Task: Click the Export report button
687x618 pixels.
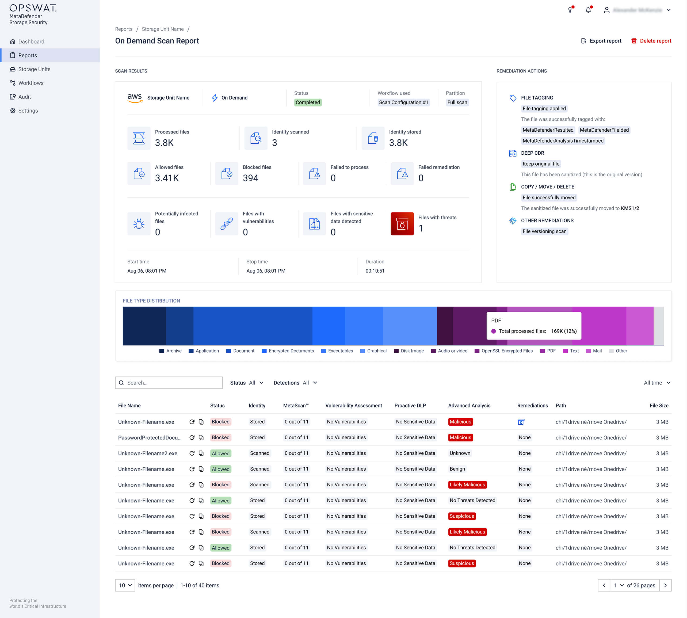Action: pyautogui.click(x=601, y=41)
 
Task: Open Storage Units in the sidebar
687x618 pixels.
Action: pyautogui.click(x=34, y=69)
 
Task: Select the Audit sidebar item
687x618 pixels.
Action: pyautogui.click(x=24, y=97)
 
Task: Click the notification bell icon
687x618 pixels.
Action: pyautogui.click(x=588, y=10)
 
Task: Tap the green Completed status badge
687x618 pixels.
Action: pyautogui.click(x=307, y=102)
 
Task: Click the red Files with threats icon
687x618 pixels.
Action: pyautogui.click(x=402, y=224)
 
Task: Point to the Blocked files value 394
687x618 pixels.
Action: pyautogui.click(x=250, y=178)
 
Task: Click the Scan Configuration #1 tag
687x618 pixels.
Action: pyautogui.click(x=403, y=102)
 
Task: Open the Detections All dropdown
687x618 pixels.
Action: pyautogui.click(x=295, y=383)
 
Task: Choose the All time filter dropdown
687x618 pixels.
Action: pyautogui.click(x=657, y=383)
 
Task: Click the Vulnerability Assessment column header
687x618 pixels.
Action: pyautogui.click(x=353, y=405)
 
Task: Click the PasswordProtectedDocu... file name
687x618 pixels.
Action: pyautogui.click(x=150, y=438)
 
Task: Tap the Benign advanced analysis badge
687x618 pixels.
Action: pyautogui.click(x=457, y=469)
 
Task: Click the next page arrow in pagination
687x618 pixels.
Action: pyautogui.click(x=665, y=585)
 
